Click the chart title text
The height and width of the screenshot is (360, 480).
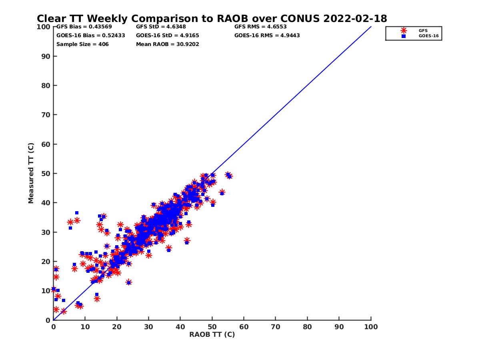[x=212, y=18]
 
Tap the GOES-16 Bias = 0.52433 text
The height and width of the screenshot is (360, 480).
[x=90, y=35]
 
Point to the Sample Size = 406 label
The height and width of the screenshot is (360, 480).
[x=82, y=44]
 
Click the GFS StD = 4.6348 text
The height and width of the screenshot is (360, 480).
[x=161, y=27]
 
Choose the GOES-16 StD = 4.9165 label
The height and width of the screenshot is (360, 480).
[x=167, y=35]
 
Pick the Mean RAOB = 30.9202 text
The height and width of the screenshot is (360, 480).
[x=167, y=44]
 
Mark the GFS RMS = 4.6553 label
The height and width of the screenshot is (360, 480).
[x=260, y=27]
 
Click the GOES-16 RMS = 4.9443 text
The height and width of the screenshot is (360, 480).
[x=267, y=35]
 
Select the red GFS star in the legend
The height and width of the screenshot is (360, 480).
[x=404, y=30]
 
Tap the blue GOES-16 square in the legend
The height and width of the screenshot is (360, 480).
[x=404, y=36]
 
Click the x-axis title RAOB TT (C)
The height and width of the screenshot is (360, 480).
[x=212, y=334]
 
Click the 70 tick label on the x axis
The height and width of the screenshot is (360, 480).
[x=276, y=326]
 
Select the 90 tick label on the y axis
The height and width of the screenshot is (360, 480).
[x=46, y=56]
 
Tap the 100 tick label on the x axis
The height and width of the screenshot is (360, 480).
[x=371, y=326]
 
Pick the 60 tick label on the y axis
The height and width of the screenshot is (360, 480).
[x=46, y=144]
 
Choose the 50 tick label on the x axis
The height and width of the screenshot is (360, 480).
[x=212, y=326]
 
